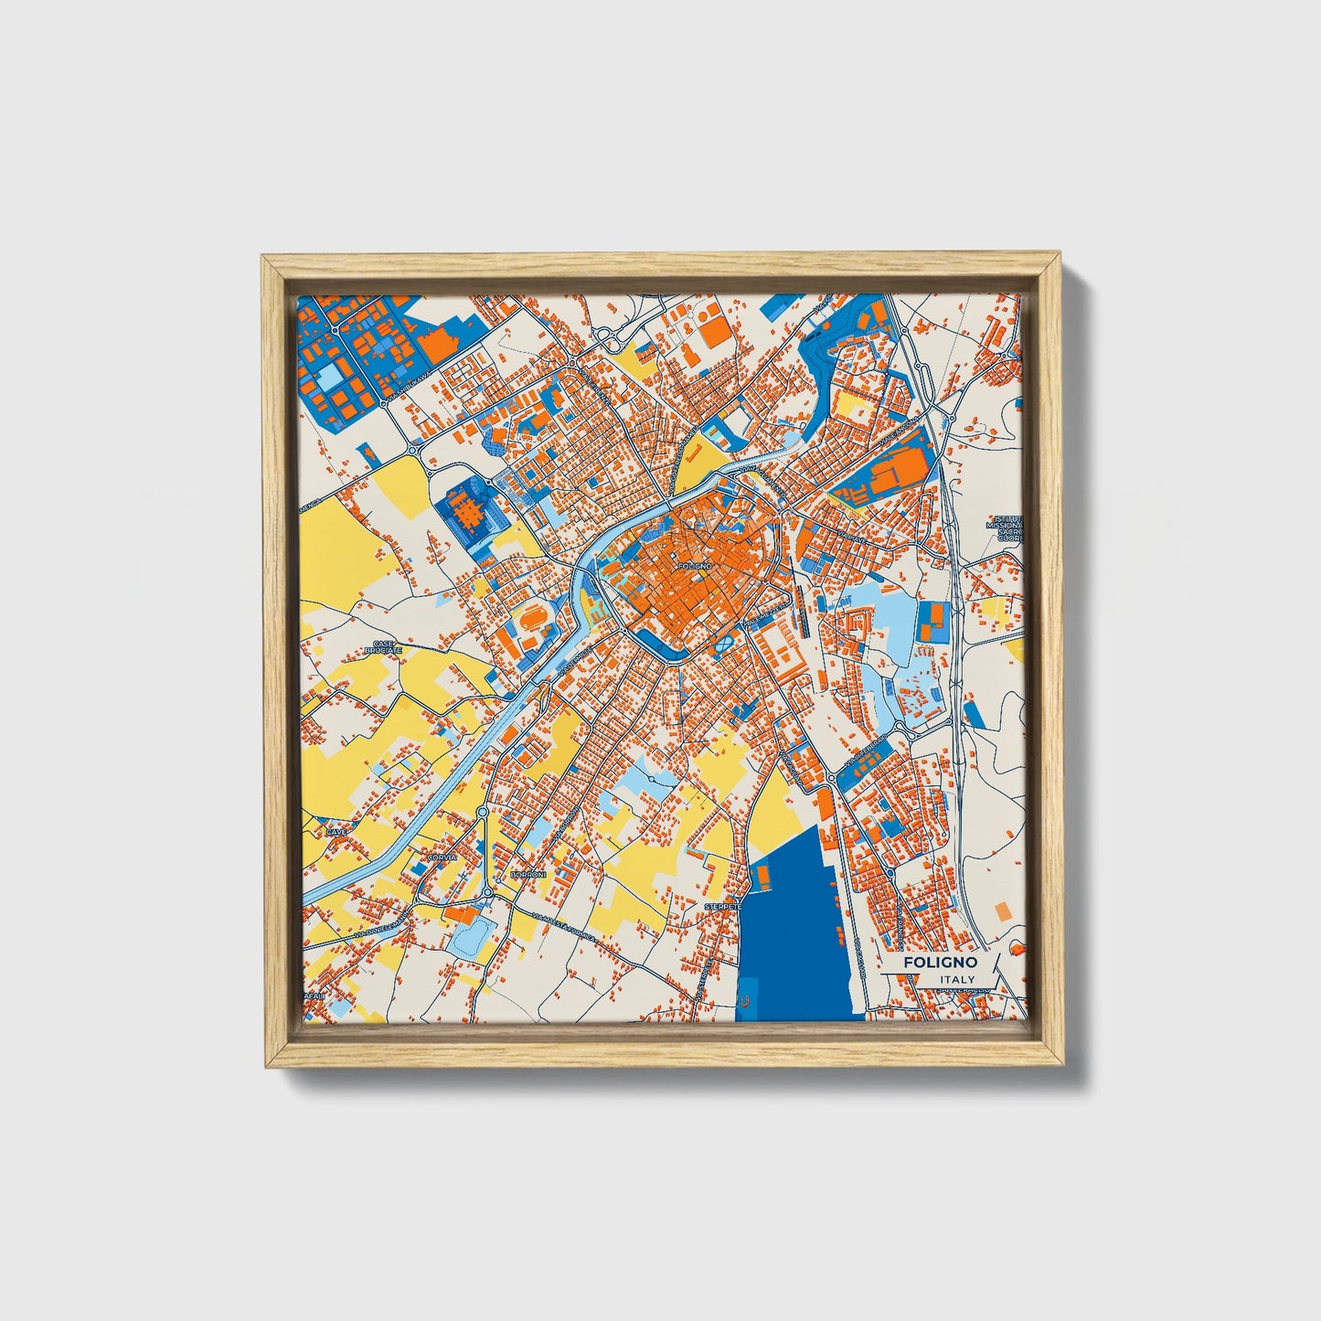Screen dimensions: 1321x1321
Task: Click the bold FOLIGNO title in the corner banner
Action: click(940, 963)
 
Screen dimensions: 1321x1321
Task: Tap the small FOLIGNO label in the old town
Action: click(695, 567)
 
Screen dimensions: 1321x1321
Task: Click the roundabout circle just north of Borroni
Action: click(487, 891)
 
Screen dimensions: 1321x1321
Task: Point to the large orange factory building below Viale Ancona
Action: click(891, 474)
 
